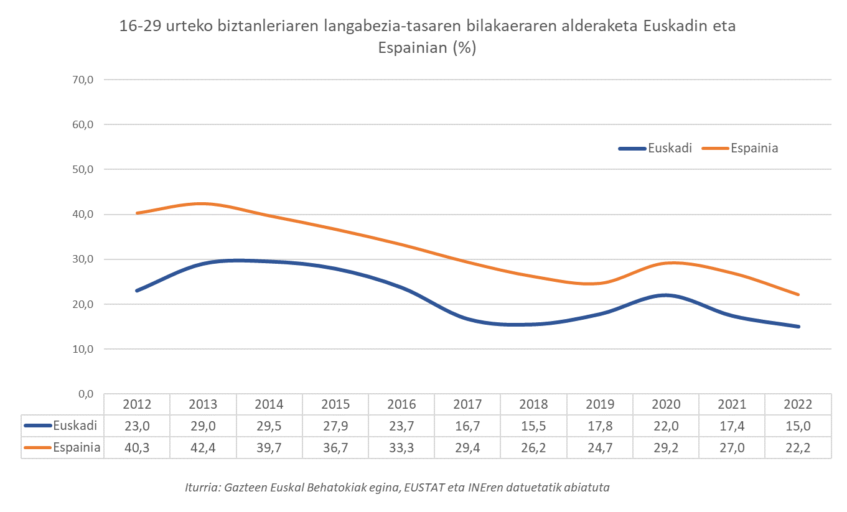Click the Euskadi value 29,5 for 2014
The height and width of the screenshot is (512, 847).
tap(269, 426)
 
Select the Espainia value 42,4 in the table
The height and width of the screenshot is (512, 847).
tap(203, 448)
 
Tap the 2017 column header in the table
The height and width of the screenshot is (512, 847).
tap(467, 404)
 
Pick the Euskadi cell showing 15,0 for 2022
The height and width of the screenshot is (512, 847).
tap(798, 426)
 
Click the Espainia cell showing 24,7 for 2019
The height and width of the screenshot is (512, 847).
tap(600, 448)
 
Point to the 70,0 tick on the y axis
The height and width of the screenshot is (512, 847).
tap(82, 80)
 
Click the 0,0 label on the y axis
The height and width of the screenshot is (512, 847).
tap(85, 394)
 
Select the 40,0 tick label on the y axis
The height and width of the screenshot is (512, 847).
tap(82, 215)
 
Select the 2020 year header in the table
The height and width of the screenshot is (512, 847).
tap(666, 404)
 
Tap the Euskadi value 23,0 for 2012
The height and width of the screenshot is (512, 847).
tap(137, 426)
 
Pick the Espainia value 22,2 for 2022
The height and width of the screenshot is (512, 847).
tap(798, 448)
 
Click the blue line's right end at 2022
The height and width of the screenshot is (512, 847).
tap(798, 327)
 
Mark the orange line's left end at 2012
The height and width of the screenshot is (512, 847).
tap(137, 213)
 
